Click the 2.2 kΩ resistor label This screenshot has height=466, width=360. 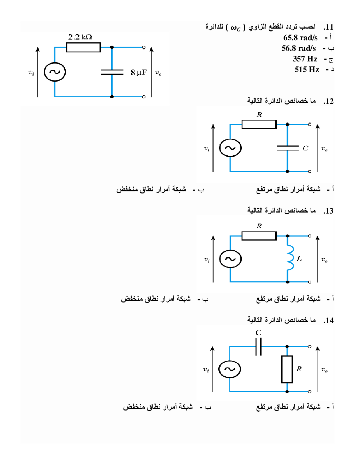[x=80, y=37]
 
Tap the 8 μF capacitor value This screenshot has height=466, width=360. [x=138, y=72]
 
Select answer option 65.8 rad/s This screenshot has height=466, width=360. [x=300, y=38]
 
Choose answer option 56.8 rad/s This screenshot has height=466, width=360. [x=299, y=48]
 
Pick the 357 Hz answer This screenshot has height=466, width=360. [x=305, y=59]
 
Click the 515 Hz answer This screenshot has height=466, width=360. [x=307, y=70]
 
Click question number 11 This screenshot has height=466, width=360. [x=329, y=27]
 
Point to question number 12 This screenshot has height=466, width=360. [x=329, y=101]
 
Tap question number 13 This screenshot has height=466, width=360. [x=329, y=211]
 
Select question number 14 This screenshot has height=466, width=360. [x=329, y=321]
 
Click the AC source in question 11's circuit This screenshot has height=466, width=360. [x=55, y=72]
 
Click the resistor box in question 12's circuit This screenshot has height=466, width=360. [x=259, y=124]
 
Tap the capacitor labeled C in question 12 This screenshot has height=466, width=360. [x=288, y=148]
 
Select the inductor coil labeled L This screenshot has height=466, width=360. [x=290, y=258]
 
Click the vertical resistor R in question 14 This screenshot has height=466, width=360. [x=287, y=369]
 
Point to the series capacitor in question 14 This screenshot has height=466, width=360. [x=259, y=346]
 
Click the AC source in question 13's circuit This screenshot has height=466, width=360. [x=230, y=259]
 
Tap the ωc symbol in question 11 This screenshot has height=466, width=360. [x=235, y=28]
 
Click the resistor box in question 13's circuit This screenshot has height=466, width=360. [x=259, y=236]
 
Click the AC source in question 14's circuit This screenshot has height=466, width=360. [x=229, y=369]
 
